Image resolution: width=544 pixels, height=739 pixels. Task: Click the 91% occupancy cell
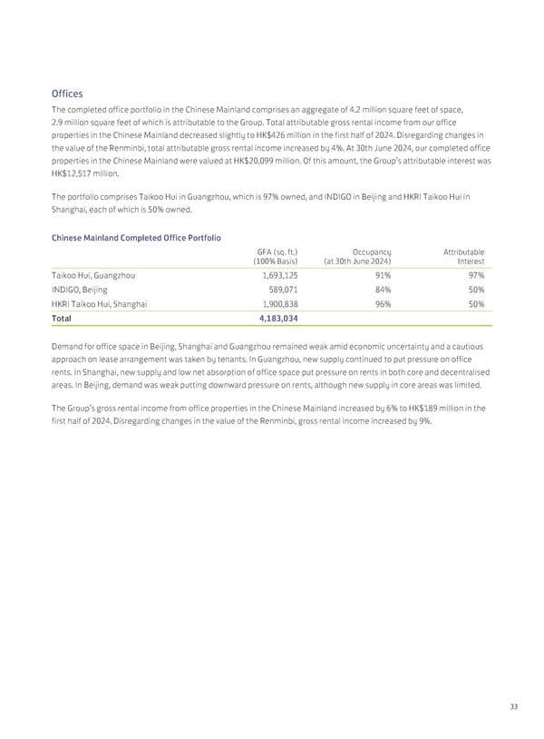[x=383, y=275]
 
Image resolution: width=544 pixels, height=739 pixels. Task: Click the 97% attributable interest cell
[x=475, y=275]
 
